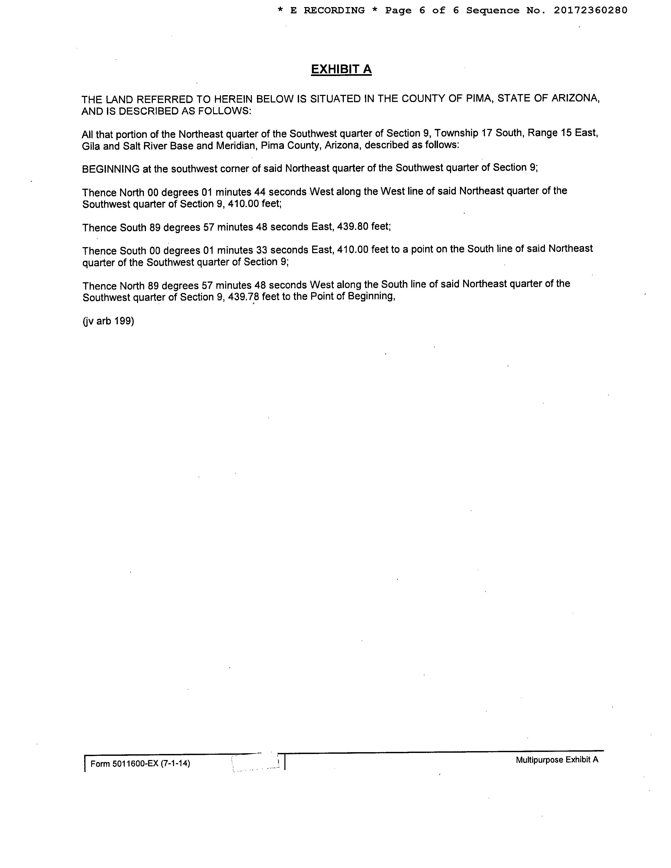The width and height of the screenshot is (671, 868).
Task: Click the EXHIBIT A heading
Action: coord(341,69)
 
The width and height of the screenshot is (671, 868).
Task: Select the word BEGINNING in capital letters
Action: coord(111,169)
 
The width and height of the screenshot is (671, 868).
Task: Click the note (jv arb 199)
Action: coord(108,321)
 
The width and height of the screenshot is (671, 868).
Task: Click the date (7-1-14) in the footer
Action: coord(175,763)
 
